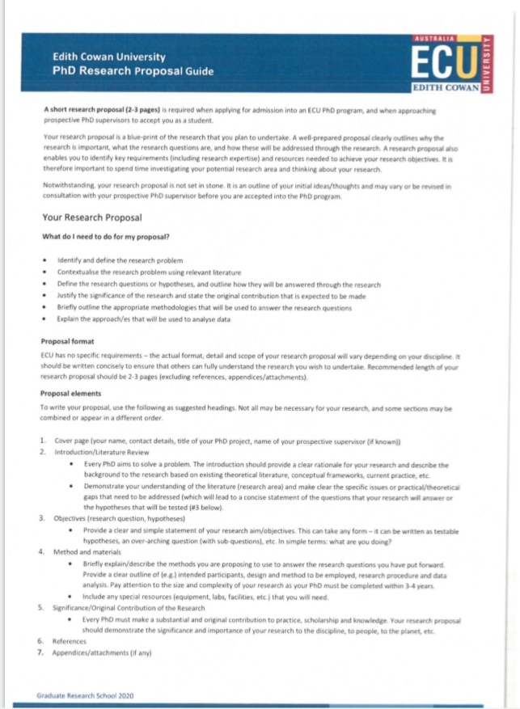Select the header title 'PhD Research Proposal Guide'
click(x=133, y=71)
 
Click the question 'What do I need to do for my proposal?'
click(x=111, y=236)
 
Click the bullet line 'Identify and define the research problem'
click(x=120, y=261)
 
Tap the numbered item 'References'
click(x=70, y=640)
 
